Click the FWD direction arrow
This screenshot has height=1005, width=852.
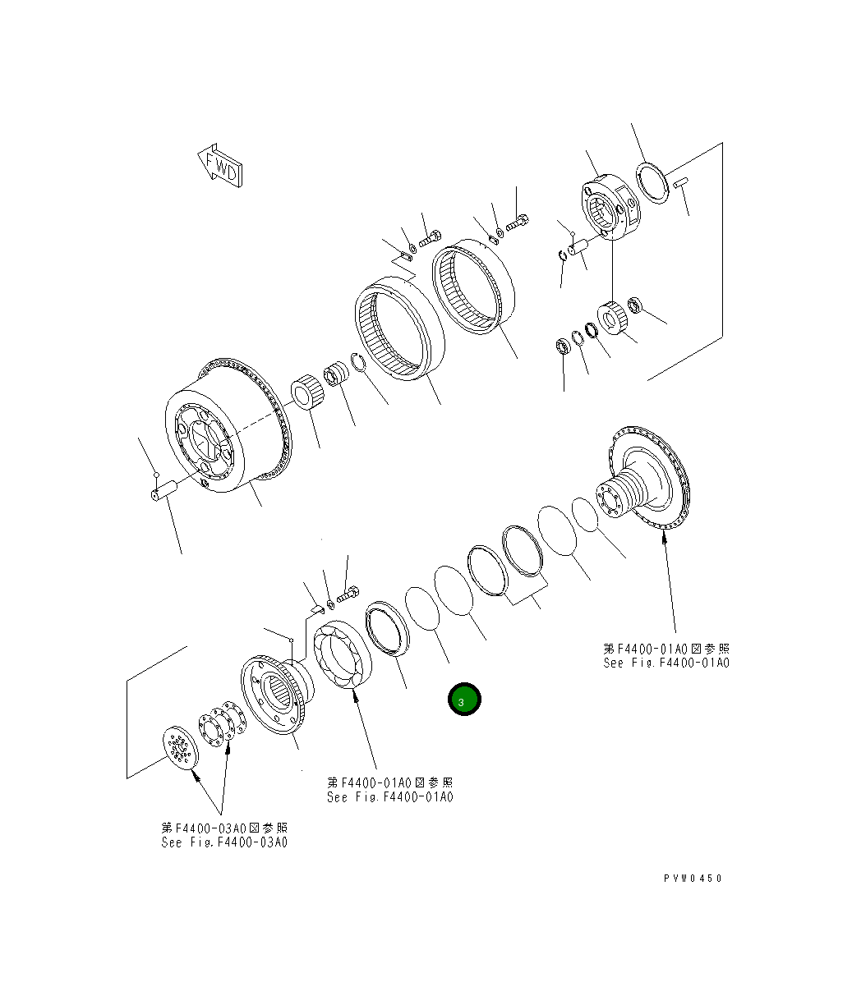click(x=219, y=166)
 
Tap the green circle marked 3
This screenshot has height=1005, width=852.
click(x=463, y=700)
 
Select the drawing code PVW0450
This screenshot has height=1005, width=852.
click(x=693, y=879)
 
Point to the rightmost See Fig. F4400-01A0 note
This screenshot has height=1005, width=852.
click(x=665, y=656)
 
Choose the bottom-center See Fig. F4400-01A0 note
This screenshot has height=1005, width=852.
click(x=389, y=790)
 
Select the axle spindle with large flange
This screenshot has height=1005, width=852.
click(x=645, y=480)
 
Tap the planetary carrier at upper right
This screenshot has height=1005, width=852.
click(x=609, y=207)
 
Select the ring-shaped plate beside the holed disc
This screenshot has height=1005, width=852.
click(x=217, y=726)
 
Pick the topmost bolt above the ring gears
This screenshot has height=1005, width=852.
click(x=518, y=220)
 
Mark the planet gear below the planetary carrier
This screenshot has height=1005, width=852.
click(x=611, y=317)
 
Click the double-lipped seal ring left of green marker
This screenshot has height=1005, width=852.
click(x=387, y=626)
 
